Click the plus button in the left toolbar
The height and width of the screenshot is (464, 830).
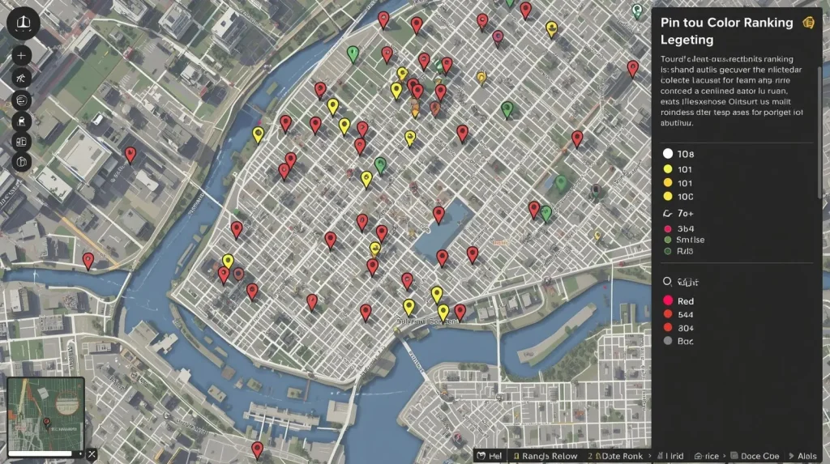[x=20, y=56]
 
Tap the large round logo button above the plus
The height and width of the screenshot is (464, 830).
[x=23, y=23]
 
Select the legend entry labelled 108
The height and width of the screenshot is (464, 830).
[x=685, y=154]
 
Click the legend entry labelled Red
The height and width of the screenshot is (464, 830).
[x=685, y=301]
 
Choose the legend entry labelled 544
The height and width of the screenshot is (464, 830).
[x=685, y=314]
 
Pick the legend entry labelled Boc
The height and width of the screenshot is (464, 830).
[x=685, y=341]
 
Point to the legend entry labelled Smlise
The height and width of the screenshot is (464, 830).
[x=689, y=240]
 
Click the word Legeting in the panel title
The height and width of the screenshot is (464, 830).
[x=687, y=40]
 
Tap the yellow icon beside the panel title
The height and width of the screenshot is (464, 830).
[x=807, y=23]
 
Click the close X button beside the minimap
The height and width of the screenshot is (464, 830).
[x=92, y=454]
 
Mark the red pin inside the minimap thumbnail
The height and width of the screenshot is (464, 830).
[x=46, y=422]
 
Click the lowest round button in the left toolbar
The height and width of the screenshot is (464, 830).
[x=20, y=162]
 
